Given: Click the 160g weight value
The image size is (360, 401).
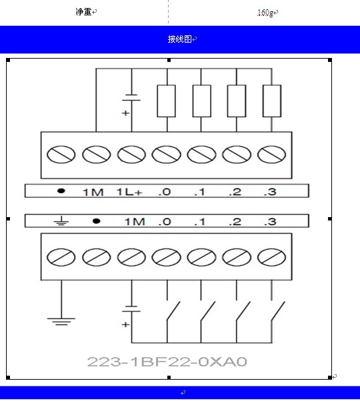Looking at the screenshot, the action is coord(265,13).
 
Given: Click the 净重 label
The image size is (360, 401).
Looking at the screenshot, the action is coord(84,11).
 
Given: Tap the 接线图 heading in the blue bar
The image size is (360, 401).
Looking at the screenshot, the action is coord(179,39).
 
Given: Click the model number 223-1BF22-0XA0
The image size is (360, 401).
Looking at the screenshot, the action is coord(167,362).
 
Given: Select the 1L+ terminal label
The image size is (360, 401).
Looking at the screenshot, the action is coord(129,192).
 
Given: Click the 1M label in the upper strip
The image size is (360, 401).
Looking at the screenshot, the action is coord(93,192).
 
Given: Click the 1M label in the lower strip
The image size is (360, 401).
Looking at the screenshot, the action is coord(135,221).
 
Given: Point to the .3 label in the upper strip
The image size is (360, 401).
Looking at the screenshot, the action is coord(270,192).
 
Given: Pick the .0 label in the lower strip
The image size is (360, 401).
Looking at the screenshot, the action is coord(164,221).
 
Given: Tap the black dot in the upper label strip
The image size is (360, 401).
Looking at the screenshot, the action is coord(61,191).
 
